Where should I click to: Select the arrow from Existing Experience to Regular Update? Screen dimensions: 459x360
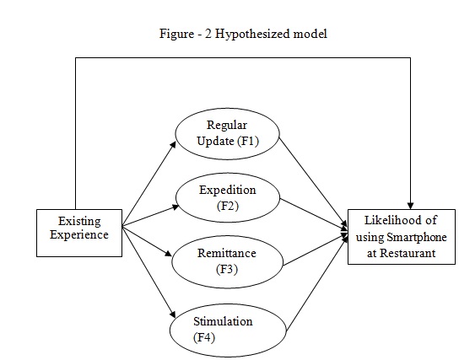(x=149, y=184)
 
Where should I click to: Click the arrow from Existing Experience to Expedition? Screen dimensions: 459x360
(x=150, y=216)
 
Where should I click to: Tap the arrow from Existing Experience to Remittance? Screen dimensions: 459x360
(x=147, y=241)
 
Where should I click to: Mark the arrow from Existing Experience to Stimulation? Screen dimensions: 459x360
(x=148, y=271)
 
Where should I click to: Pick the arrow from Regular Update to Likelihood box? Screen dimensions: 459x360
(x=314, y=182)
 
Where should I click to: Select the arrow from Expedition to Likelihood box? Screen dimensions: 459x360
(x=314, y=213)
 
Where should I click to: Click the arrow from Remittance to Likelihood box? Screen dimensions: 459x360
(x=316, y=250)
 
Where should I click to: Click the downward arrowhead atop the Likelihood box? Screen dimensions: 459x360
(x=410, y=206)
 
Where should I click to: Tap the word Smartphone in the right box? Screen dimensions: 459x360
(x=417, y=238)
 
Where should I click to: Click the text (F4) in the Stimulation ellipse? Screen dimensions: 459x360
(x=204, y=338)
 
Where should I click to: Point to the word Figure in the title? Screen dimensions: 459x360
(x=176, y=34)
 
